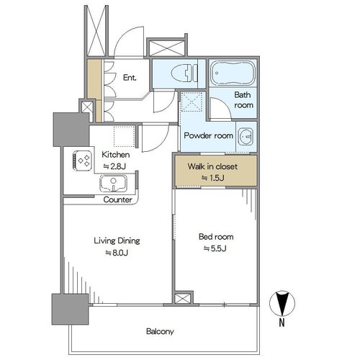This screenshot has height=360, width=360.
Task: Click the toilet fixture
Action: coord(184,73)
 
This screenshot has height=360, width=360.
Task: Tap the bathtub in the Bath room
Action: coord(233,73)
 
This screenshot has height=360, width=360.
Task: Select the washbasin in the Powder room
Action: coord(246,136)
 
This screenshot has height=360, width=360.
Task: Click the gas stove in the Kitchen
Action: coord(82,161)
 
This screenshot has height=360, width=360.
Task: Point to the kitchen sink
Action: coord(113,184)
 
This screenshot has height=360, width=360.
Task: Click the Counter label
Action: coord(117,199)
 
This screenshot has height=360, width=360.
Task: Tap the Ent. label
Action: coord(130,78)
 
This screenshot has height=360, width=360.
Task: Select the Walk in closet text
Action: coord(212,166)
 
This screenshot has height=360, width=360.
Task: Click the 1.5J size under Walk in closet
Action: coord(213,178)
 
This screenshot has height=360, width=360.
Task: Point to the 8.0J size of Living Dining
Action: coord(117,253)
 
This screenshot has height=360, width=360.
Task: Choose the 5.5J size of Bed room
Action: coord(215,248)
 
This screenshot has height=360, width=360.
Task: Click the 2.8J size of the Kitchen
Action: coord(114,166)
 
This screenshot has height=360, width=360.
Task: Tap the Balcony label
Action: coord(160,332)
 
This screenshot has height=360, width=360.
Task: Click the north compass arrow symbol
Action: coord(282,303)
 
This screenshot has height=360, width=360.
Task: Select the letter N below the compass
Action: coord(282,323)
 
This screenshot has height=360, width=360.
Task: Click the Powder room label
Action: coord(208,136)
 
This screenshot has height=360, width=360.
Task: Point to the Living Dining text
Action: coord(117,240)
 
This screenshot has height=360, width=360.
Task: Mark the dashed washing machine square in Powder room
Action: coord(192,102)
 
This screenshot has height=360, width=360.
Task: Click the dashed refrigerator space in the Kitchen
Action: coord(125,136)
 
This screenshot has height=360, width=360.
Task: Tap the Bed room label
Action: coord(216,237)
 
